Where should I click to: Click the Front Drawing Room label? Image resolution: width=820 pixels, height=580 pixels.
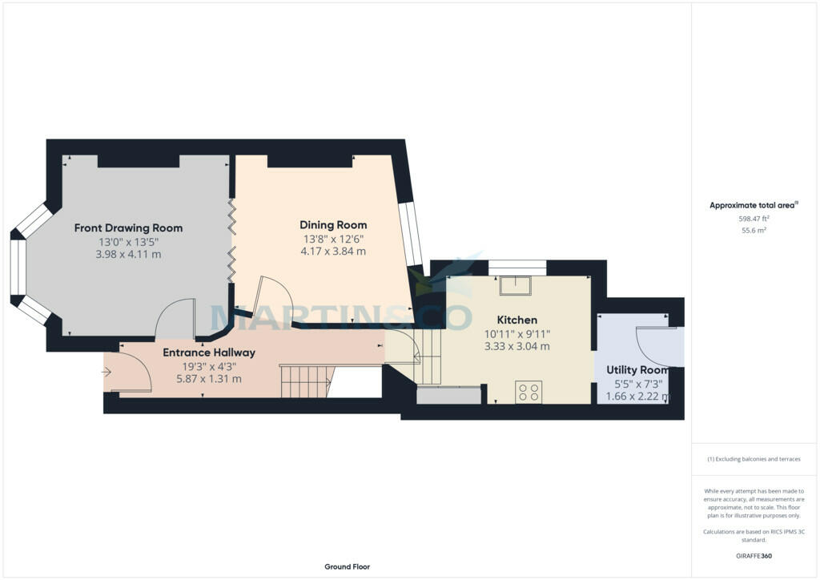click(x=128, y=228)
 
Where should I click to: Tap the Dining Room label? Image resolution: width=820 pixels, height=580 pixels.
click(x=333, y=225)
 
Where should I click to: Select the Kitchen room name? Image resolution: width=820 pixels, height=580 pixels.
click(x=517, y=320)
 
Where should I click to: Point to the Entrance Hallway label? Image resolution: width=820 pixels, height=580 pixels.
click(x=209, y=352)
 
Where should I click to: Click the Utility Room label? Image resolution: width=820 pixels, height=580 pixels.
click(x=637, y=370)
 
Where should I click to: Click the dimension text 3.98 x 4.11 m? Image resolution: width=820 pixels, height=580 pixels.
click(x=128, y=255)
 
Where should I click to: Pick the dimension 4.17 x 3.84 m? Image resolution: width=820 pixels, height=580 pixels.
click(x=333, y=252)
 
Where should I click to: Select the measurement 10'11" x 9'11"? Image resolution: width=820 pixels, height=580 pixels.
click(x=517, y=333)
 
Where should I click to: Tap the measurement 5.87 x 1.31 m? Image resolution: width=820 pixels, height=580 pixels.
click(x=209, y=379)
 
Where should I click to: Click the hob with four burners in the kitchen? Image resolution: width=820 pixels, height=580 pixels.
click(x=529, y=392)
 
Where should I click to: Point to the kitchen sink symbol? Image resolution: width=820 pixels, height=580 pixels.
click(x=512, y=284)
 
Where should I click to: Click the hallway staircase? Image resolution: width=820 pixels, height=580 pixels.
click(x=305, y=381)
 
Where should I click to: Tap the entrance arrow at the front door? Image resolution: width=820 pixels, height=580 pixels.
click(x=107, y=372)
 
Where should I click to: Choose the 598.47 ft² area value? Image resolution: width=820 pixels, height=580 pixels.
click(x=754, y=218)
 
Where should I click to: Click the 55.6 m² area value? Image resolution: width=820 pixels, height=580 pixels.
click(x=754, y=230)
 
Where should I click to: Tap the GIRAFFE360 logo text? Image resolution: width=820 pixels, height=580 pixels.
click(x=754, y=555)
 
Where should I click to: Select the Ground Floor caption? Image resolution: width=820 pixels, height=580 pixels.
click(x=347, y=566)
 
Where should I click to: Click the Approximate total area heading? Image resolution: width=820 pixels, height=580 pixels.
click(x=754, y=206)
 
